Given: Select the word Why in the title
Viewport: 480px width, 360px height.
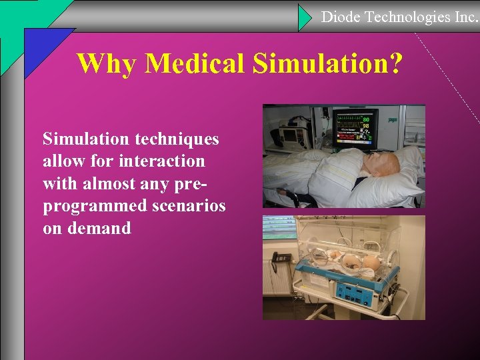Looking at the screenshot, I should click(x=107, y=63).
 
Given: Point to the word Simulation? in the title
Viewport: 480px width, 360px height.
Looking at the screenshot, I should click(x=328, y=63).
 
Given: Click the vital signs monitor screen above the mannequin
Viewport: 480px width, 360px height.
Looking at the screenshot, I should click(x=355, y=127).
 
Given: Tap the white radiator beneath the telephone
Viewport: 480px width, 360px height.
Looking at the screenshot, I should click(x=277, y=279).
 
